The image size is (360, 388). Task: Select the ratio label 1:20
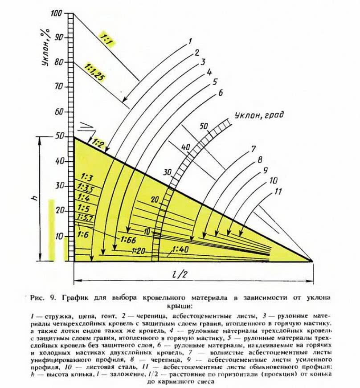tap(139, 251)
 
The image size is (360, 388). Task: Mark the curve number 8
tap(260, 159)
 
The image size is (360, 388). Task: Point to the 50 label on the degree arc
tap(204, 127)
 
